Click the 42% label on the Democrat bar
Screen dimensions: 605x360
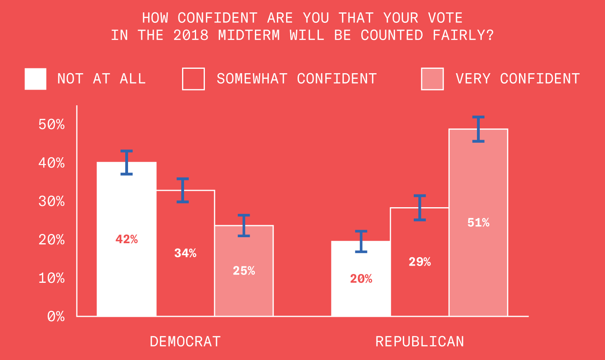point(126,239)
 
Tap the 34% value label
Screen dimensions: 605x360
point(185,253)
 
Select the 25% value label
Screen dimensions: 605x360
point(244,271)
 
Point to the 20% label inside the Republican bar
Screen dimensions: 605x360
point(361,279)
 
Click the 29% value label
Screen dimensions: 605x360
point(420,262)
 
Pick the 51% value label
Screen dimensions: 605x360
point(478,223)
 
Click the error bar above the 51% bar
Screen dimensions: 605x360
point(478,129)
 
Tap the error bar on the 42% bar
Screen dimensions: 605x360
point(126,162)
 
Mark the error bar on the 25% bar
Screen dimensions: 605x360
point(244,226)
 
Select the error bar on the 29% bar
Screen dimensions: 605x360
point(420,208)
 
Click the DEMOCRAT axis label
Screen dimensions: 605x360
point(185,342)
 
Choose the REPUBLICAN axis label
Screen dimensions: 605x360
point(420,342)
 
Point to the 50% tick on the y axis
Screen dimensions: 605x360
point(52,124)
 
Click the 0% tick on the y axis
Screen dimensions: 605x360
point(56,317)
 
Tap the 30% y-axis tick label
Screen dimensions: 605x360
point(52,201)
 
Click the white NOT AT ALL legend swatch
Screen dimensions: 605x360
point(35,79)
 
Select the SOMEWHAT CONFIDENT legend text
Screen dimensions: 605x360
point(296,79)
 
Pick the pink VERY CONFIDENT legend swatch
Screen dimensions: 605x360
point(432,79)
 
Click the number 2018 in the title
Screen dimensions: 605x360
point(191,36)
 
